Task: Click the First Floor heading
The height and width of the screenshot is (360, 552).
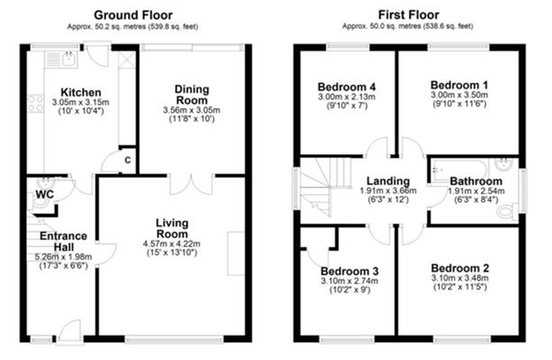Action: (411, 15)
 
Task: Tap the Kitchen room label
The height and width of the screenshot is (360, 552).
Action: (80, 92)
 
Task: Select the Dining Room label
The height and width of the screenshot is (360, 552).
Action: (192, 95)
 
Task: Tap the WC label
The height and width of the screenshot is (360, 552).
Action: (44, 194)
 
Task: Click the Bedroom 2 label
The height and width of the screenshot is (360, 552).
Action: (460, 268)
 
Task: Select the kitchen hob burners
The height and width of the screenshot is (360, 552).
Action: (37, 104)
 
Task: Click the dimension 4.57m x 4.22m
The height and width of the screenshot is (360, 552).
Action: (171, 243)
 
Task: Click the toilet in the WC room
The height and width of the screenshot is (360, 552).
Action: (39, 206)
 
